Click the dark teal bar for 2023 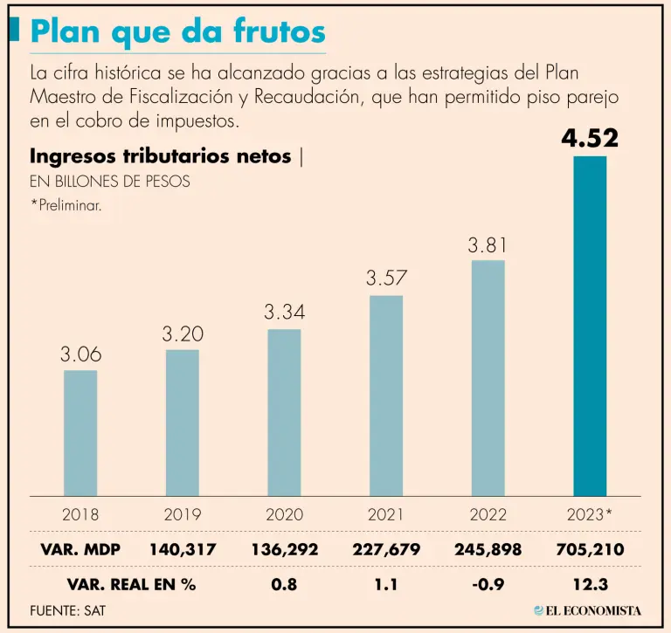pyautogui.click(x=590, y=326)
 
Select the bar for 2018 pyautogui.click(x=80, y=433)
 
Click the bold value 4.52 pyautogui.click(x=590, y=138)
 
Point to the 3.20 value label pyautogui.click(x=182, y=334)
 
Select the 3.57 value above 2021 pyautogui.click(x=385, y=279)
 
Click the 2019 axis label pyautogui.click(x=182, y=514)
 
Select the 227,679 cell pyautogui.click(x=385, y=550)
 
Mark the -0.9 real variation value pyautogui.click(x=487, y=584)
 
